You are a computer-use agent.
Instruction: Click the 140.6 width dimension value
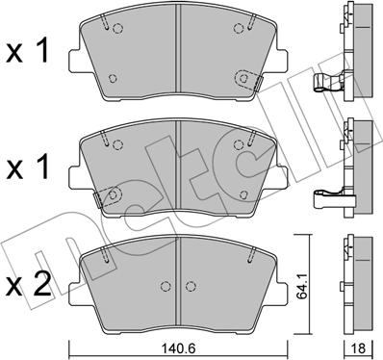[x=179, y=350]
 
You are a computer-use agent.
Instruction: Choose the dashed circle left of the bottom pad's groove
[x=165, y=288]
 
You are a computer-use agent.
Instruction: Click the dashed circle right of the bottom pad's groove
[x=193, y=288]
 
